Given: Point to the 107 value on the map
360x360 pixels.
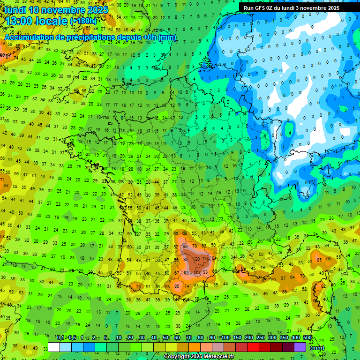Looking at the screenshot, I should pyautogui.click(x=198, y=272).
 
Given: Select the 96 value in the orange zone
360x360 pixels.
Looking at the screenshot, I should pyautogui.click(x=186, y=246).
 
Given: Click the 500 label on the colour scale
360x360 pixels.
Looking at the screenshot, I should pyautogui.click(x=307, y=338).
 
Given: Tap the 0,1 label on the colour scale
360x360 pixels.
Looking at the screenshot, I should pyautogui.click(x=60, y=338).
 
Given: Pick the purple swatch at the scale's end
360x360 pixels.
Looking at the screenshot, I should pyautogui.click(x=300, y=347).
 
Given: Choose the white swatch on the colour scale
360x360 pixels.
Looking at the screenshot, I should pyautogui.click(x=54, y=347).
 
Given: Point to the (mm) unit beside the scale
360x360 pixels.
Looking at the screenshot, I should pyautogui.click(x=318, y=348).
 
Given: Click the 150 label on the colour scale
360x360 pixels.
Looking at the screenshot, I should pyautogui.click(x=237, y=338).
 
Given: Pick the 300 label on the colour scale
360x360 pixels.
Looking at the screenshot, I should pyautogui.click(x=272, y=338).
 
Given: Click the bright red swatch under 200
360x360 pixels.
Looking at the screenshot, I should pyautogui.click(x=253, y=347).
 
